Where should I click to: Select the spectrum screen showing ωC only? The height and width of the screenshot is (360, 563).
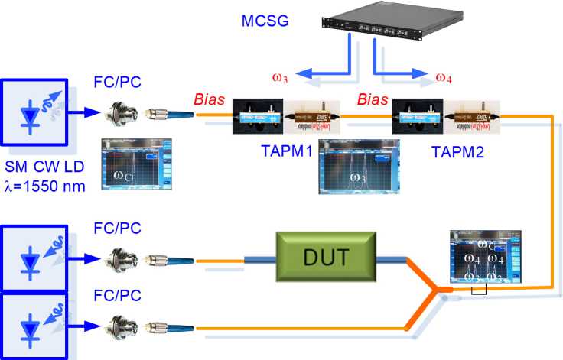click(137, 164)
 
